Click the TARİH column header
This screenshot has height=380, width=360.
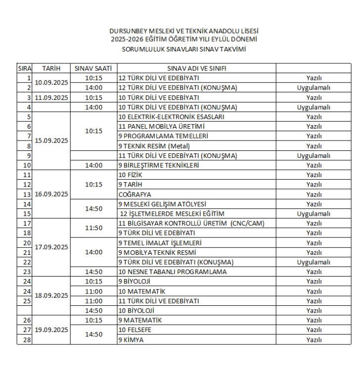coord(51,68)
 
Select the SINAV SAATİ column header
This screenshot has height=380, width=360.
coord(93,68)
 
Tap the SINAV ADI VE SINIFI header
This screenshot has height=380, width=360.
coord(196,68)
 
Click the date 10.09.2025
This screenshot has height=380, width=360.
coord(51,83)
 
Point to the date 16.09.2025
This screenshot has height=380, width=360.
coord(51,194)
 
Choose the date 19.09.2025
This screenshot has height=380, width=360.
coord(51,330)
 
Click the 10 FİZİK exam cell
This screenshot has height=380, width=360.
coord(131,175)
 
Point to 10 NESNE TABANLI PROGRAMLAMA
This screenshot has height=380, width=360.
coord(172,272)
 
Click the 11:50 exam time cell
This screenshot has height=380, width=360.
coord(93,228)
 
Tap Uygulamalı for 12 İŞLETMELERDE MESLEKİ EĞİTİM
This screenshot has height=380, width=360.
coord(314,214)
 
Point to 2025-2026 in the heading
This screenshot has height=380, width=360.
coord(126,39)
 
